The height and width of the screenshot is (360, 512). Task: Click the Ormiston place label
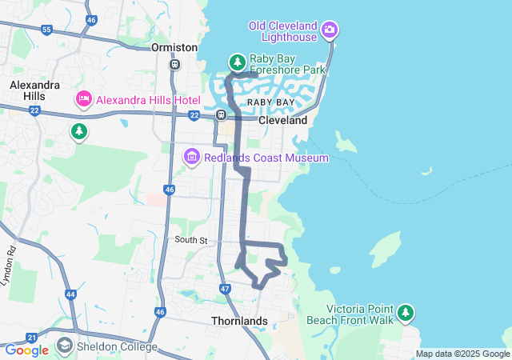pos(174,47)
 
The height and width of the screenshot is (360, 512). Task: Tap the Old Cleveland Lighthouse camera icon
pos(329,30)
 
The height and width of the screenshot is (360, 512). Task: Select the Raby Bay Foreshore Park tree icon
pos(237,62)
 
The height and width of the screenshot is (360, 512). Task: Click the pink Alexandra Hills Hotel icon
pos(83,99)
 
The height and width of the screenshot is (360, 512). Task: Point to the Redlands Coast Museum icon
pos(192,158)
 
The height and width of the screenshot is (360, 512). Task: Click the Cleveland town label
pos(282,120)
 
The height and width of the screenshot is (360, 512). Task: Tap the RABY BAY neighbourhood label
pos(270,103)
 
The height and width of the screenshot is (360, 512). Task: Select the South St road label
pos(191,240)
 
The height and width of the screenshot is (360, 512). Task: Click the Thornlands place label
pos(238,321)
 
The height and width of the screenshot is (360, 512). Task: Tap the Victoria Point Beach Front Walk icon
pos(406,312)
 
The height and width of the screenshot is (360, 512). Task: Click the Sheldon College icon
pos(64,347)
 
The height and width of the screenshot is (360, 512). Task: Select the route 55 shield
pos(47,30)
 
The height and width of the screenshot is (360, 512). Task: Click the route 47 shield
pos(225,288)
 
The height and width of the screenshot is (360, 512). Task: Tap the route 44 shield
pos(70,294)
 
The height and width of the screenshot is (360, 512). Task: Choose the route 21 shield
pos(31,338)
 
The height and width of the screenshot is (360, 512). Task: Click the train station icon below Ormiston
pos(174,64)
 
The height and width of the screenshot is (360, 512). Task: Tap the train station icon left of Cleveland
pos(221,114)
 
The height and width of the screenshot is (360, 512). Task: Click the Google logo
pos(26,350)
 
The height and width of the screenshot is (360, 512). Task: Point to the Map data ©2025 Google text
pos(462,354)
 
